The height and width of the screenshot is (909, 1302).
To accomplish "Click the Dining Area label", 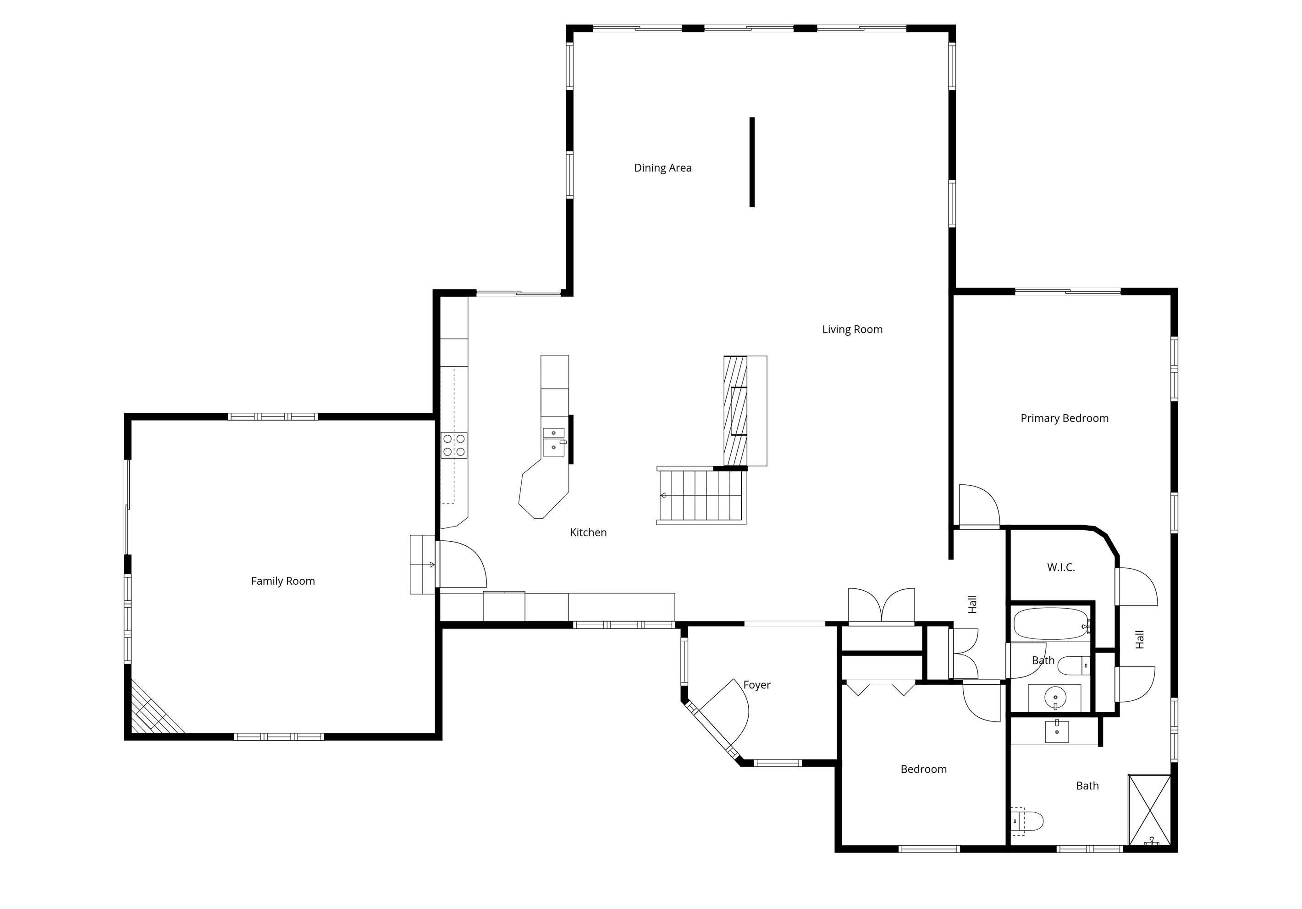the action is click(662, 168).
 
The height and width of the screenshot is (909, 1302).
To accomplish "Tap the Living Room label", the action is click(852, 330).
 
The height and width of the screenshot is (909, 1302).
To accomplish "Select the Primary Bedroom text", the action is click(1065, 419).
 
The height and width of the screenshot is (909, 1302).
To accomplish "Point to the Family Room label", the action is click(283, 581).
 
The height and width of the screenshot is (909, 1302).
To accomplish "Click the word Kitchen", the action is click(588, 532).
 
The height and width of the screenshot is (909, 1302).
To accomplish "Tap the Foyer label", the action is click(756, 685).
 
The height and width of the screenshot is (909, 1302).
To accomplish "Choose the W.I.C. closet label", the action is click(1060, 567).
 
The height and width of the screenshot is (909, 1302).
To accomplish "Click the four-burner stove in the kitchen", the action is click(454, 445).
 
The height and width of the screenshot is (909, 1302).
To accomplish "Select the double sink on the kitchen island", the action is click(554, 442).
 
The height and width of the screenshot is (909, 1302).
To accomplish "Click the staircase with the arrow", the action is click(701, 495).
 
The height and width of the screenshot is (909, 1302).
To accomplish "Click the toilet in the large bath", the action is click(1027, 821).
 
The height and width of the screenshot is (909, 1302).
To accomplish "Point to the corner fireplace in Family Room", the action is click(153, 709).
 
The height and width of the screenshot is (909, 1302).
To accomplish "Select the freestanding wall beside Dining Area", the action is click(752, 162).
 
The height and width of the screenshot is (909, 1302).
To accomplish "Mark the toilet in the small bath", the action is click(1074, 665).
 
